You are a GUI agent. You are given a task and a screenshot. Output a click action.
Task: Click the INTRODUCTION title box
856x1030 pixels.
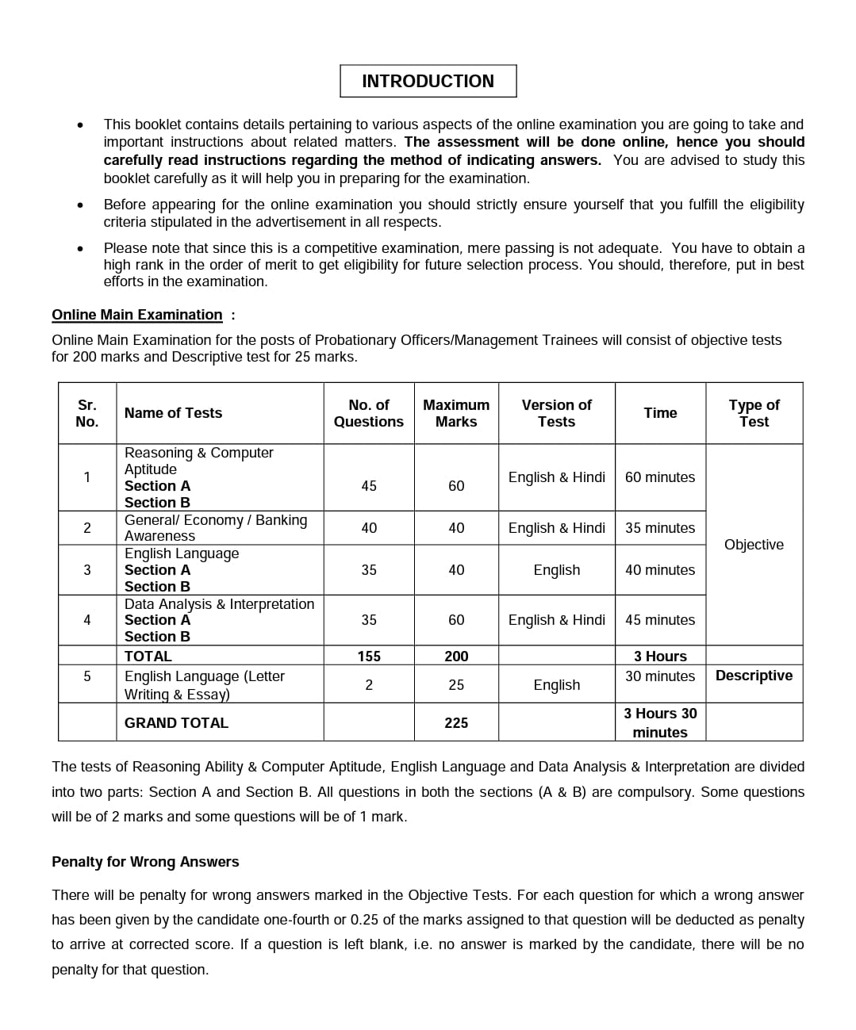pyautogui.click(x=428, y=81)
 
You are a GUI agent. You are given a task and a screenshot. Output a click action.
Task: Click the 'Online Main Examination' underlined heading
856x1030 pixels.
pyautogui.click(x=136, y=315)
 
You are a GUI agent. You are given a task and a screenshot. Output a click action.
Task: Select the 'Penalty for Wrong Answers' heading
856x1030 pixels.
pyautogui.click(x=145, y=862)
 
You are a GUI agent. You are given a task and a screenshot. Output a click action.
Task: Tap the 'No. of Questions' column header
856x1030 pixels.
pyautogui.click(x=368, y=413)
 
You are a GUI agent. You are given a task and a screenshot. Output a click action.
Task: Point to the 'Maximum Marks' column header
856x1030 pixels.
pyautogui.click(x=456, y=413)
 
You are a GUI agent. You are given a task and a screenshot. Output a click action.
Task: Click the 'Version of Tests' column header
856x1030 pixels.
pyautogui.click(x=556, y=413)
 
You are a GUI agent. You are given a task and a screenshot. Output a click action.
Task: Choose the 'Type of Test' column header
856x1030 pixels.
pyautogui.click(x=754, y=413)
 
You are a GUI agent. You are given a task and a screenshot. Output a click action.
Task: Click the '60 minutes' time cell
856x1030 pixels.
pyautogui.click(x=659, y=477)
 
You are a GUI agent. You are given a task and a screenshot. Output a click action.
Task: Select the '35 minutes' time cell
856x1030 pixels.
pyautogui.click(x=659, y=528)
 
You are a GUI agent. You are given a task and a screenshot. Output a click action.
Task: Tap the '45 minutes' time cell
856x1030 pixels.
pyautogui.click(x=659, y=620)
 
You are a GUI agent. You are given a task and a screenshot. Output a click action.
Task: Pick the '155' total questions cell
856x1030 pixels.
pyautogui.click(x=368, y=657)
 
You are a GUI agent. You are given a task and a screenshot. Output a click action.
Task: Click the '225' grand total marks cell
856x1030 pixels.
pyautogui.click(x=456, y=723)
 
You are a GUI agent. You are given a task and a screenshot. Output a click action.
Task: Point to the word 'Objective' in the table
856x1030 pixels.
pyautogui.click(x=754, y=545)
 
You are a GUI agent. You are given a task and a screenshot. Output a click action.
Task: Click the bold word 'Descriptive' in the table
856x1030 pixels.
pyautogui.click(x=754, y=676)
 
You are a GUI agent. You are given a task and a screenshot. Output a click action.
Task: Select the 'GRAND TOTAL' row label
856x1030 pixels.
pyautogui.click(x=176, y=723)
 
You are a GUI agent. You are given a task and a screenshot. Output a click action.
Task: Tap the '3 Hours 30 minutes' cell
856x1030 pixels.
pyautogui.click(x=659, y=722)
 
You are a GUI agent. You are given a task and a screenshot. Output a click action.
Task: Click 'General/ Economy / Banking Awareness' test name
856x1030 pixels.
pyautogui.click(x=215, y=528)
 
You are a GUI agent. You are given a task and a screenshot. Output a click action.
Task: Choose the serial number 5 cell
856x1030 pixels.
pyautogui.click(x=87, y=676)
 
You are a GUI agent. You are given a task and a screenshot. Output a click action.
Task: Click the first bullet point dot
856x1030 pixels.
pyautogui.click(x=80, y=125)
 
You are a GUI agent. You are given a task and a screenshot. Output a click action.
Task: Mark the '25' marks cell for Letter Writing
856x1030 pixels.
pyautogui.click(x=456, y=685)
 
